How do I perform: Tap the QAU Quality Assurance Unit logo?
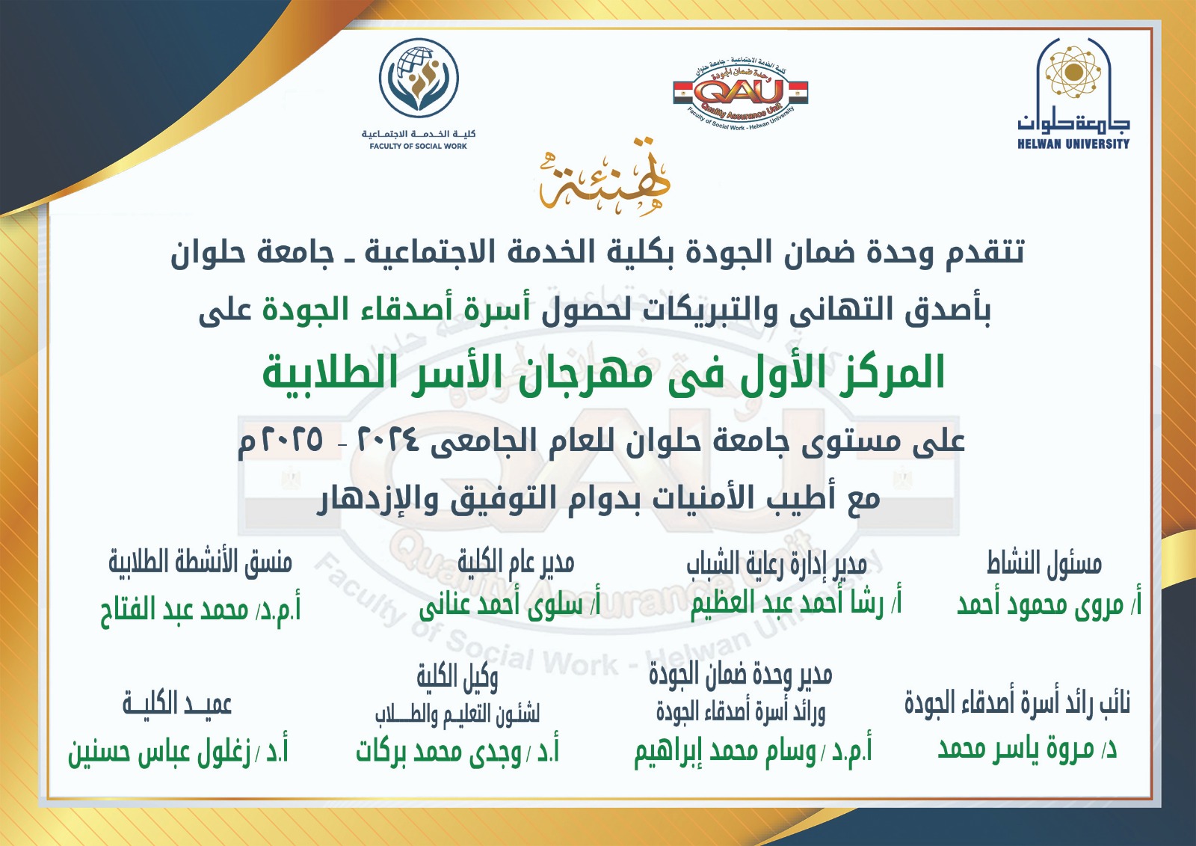740,94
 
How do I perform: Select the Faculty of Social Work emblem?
419,79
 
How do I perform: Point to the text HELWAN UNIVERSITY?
1073,144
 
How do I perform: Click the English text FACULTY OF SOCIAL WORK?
418,146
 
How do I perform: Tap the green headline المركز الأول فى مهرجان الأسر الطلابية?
603,373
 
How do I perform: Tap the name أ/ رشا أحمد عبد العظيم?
795,603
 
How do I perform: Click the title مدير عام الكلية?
516,563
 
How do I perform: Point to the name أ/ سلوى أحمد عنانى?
509,605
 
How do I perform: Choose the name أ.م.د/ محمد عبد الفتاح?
200,610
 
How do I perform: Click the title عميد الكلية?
177,704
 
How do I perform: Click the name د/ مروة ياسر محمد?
1027,748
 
